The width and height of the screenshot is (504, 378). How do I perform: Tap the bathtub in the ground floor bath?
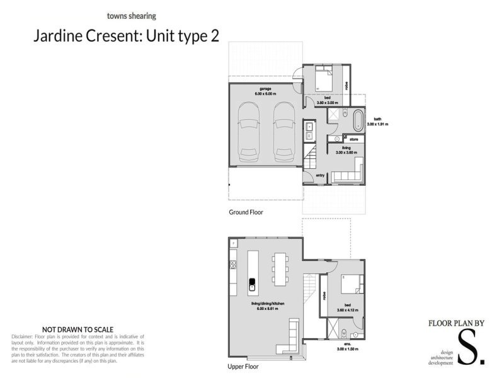358,118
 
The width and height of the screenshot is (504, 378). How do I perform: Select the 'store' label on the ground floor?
345,139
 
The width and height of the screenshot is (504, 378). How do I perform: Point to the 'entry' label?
319,176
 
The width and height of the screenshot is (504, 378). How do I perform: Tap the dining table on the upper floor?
280,270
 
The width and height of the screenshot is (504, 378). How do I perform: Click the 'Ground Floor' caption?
246,212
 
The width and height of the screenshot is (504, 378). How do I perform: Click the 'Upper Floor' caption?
243,366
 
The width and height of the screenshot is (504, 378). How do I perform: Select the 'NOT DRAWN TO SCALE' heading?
77,329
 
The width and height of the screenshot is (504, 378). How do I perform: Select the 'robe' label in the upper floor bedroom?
324,296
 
